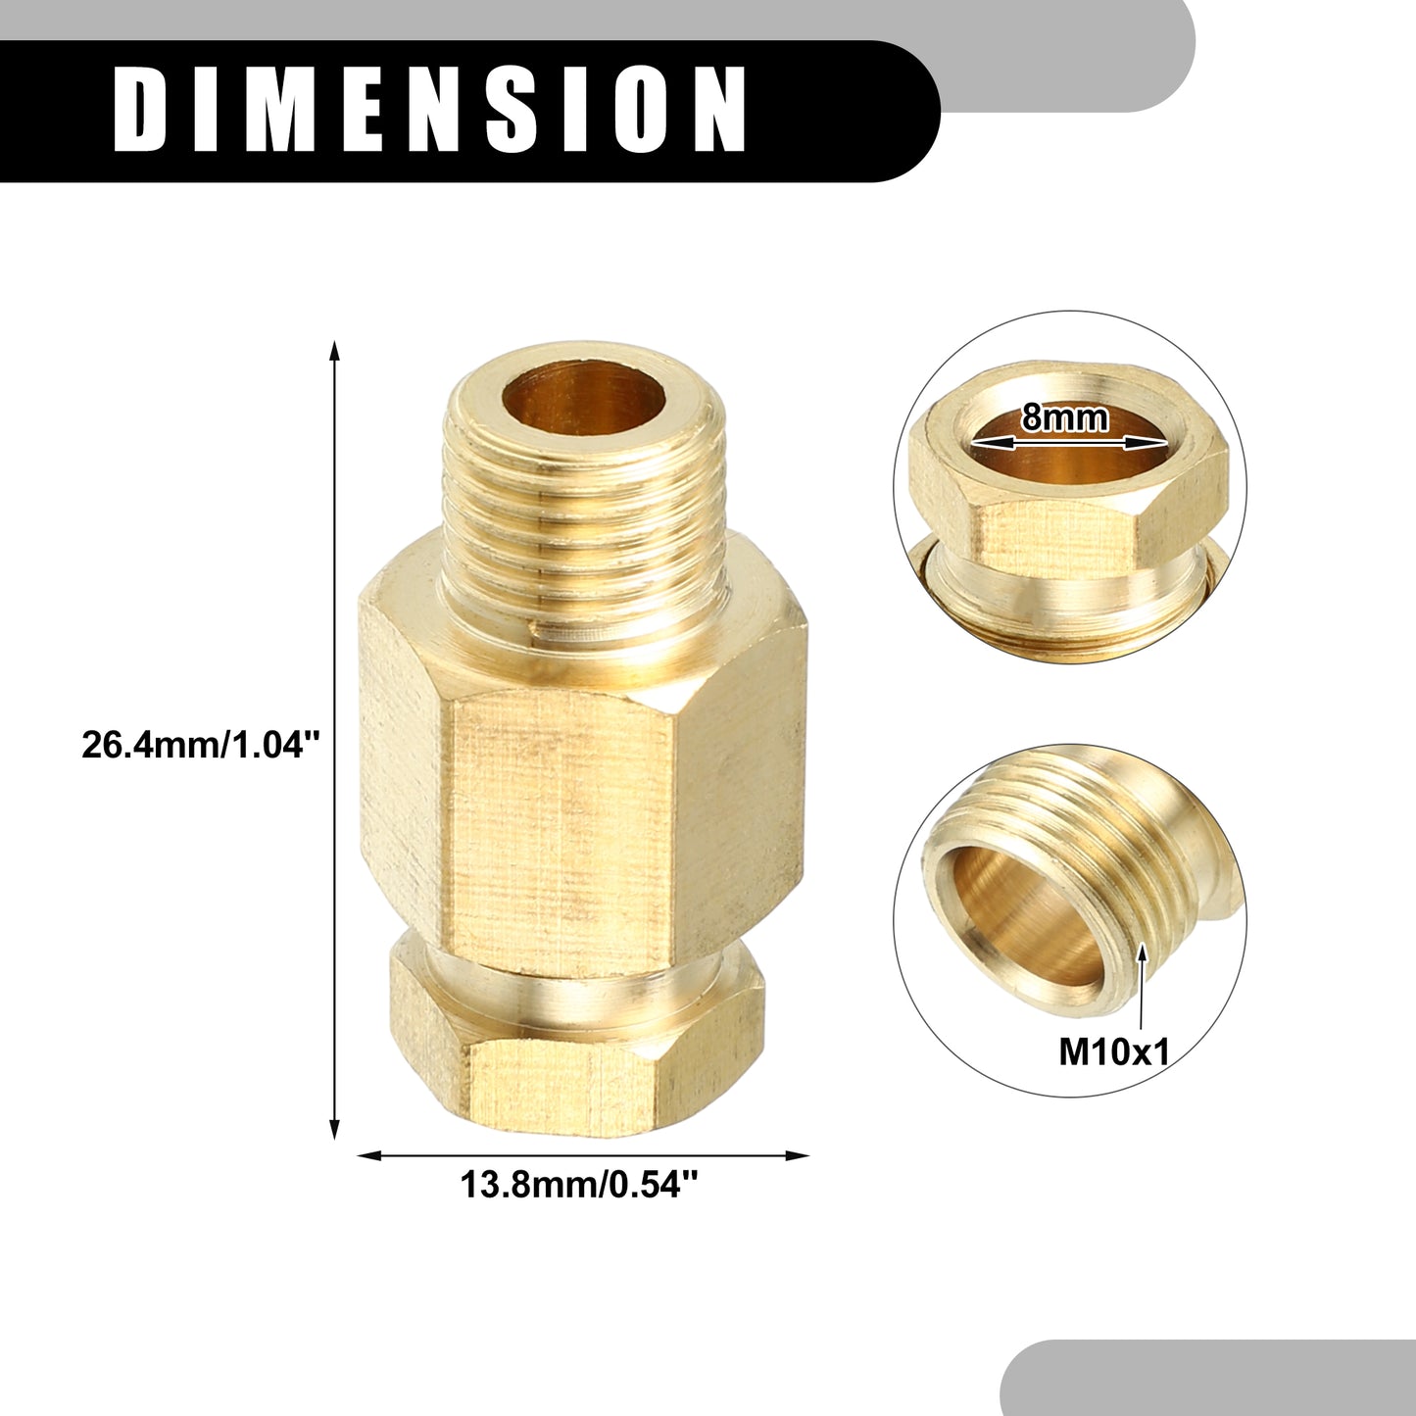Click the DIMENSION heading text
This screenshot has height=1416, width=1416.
coord(430,110)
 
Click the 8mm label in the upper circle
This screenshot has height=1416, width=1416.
coord(1064,418)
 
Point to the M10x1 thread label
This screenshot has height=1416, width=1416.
coord(1112,1053)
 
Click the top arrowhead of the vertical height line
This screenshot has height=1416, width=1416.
coord(336,351)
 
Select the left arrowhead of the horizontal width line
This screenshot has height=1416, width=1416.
coord(368,1156)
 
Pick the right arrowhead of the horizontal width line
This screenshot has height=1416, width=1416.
coord(797,1156)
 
